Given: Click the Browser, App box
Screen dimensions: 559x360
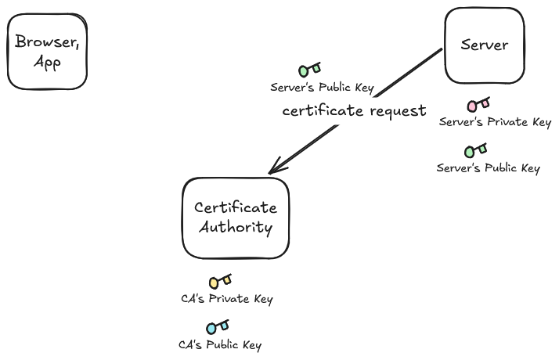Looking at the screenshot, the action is pyautogui.click(x=47, y=52).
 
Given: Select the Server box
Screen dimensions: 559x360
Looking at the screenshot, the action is pyautogui.click(x=485, y=45).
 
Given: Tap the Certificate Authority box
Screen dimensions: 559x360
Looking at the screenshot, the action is pyautogui.click(x=236, y=218).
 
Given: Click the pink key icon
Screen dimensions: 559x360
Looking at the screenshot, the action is pyautogui.click(x=478, y=104).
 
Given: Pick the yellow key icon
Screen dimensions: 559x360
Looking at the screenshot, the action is pyautogui.click(x=220, y=281).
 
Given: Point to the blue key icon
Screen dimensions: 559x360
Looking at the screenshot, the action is pyautogui.click(x=218, y=327).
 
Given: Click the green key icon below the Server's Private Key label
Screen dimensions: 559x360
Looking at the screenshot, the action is pyautogui.click(x=475, y=150).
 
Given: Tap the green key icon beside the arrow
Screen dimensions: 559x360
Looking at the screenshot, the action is pyautogui.click(x=310, y=69).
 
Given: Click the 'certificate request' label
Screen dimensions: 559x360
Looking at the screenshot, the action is pyautogui.click(x=354, y=110).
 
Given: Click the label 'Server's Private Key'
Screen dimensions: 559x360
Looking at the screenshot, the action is pyautogui.click(x=495, y=122).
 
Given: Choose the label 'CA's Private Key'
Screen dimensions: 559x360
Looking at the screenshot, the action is pyautogui.click(x=227, y=299).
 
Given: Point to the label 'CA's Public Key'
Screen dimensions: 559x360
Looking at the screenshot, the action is pyautogui.click(x=220, y=344).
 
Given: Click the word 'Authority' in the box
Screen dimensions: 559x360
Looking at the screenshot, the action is pyautogui.click(x=236, y=228).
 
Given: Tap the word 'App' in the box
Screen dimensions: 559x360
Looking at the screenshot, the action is pyautogui.click(x=47, y=63).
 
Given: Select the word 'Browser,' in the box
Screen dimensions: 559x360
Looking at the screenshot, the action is pyautogui.click(x=47, y=41).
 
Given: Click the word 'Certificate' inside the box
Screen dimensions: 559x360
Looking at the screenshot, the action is pyautogui.click(x=236, y=207).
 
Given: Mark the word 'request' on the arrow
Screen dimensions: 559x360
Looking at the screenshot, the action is pyautogui.click(x=398, y=111).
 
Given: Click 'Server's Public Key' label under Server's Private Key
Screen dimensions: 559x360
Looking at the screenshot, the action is pyautogui.click(x=488, y=168).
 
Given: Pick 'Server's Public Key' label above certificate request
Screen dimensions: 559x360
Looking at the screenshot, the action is pyautogui.click(x=322, y=88).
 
